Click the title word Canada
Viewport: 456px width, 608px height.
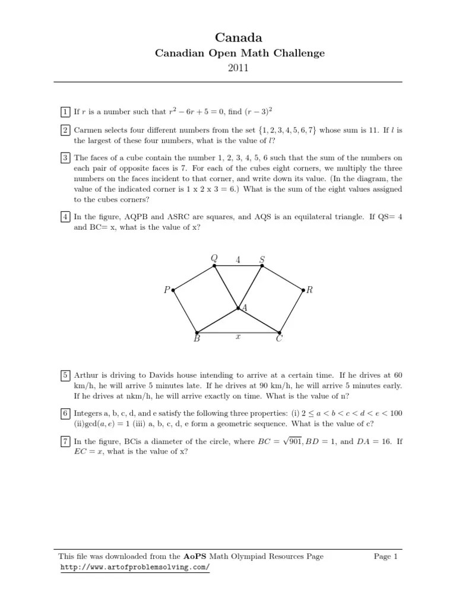(228, 38)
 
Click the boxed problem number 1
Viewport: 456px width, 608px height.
(64, 111)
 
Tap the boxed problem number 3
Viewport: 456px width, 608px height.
(64, 158)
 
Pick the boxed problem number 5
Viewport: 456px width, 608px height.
(64, 375)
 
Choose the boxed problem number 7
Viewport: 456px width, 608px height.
(64, 442)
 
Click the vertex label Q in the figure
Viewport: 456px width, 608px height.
(214, 258)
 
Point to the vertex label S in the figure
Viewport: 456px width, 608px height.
(262, 259)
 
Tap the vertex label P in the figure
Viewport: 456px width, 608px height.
(167, 290)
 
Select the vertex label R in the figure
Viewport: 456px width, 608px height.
(309, 290)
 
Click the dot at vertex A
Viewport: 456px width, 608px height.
(238, 308)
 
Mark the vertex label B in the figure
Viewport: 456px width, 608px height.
(197, 340)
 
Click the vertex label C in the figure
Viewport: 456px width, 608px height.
(279, 340)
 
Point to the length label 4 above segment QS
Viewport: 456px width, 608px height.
(238, 259)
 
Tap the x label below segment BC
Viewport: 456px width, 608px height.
(237, 336)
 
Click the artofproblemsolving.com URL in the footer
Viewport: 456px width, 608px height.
(135, 568)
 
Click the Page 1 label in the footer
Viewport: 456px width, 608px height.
(385, 556)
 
